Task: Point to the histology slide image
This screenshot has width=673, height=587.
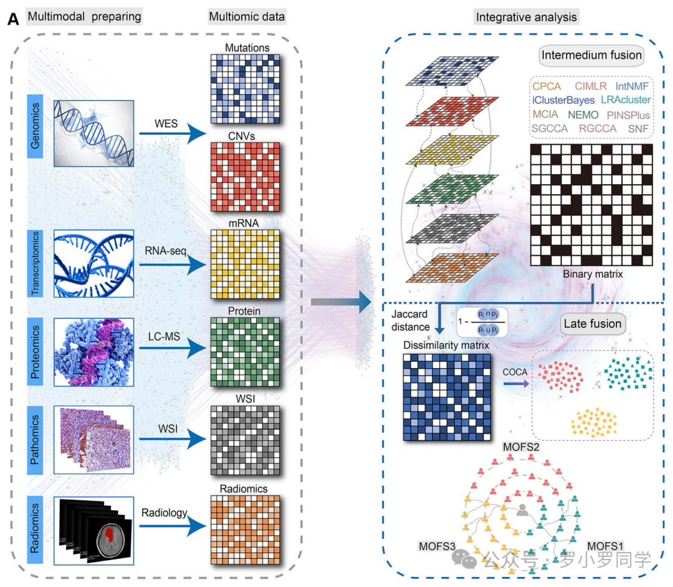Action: click(93, 439)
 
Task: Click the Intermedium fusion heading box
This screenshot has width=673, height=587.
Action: click(591, 56)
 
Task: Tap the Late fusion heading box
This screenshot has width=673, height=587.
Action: click(592, 323)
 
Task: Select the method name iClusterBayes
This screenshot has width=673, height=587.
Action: click(563, 99)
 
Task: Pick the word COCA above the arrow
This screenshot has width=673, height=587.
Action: click(513, 372)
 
